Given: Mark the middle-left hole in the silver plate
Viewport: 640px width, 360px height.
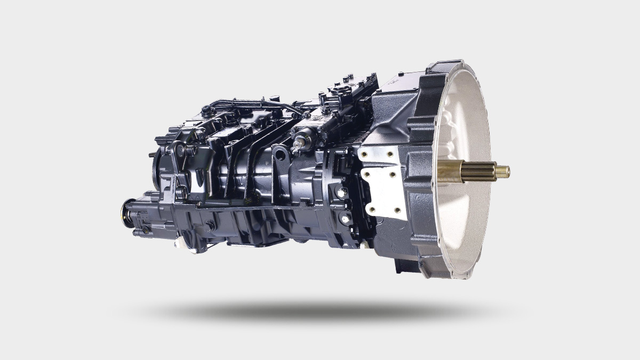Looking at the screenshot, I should point(366,173).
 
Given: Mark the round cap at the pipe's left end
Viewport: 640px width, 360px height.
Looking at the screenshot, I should point(205,110).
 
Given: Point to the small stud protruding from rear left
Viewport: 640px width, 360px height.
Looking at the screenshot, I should point(152,155).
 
